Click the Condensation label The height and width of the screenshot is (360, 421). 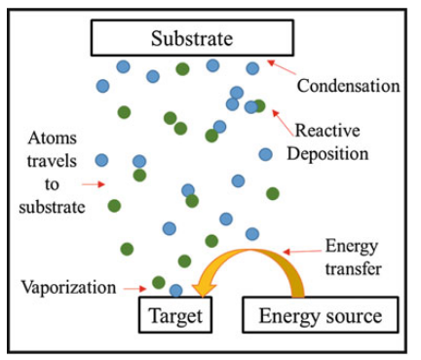pos(348,86)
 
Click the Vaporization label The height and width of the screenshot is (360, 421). pos(64,288)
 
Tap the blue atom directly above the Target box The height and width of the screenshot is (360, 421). pos(175,290)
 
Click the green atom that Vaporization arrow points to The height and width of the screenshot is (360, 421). pos(158,283)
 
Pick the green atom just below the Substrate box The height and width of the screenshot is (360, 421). pos(182,68)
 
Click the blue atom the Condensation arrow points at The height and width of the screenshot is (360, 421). pos(252,68)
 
